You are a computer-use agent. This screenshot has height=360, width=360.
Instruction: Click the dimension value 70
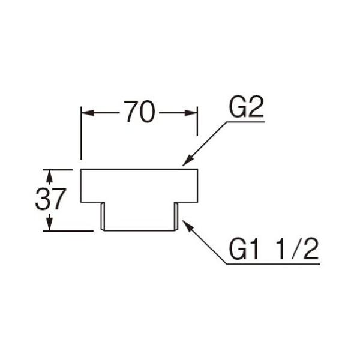(139, 112)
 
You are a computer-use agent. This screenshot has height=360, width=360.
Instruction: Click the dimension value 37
(50, 200)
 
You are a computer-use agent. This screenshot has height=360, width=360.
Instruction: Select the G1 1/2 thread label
(273, 248)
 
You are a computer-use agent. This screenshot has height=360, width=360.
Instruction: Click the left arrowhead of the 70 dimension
(86, 112)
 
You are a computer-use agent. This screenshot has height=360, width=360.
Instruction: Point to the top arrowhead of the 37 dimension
(50, 173)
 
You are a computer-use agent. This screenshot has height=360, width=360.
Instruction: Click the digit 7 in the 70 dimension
(131, 112)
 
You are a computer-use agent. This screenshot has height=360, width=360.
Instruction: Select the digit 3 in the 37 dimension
(43, 200)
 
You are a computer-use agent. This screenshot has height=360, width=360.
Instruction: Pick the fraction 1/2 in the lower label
(298, 248)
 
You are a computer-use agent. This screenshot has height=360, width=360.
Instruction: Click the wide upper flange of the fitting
(139, 185)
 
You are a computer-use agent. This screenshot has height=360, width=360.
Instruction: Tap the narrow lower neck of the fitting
(139, 216)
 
